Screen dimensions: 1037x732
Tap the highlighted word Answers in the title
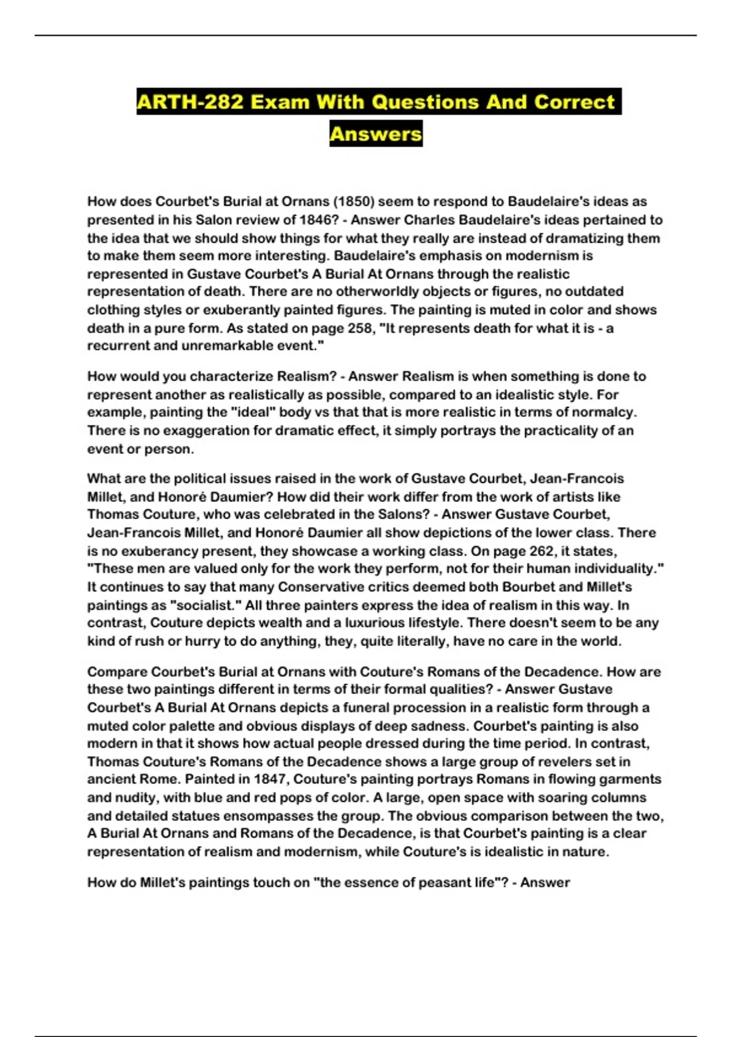376,134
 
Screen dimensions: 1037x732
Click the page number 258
359,328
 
